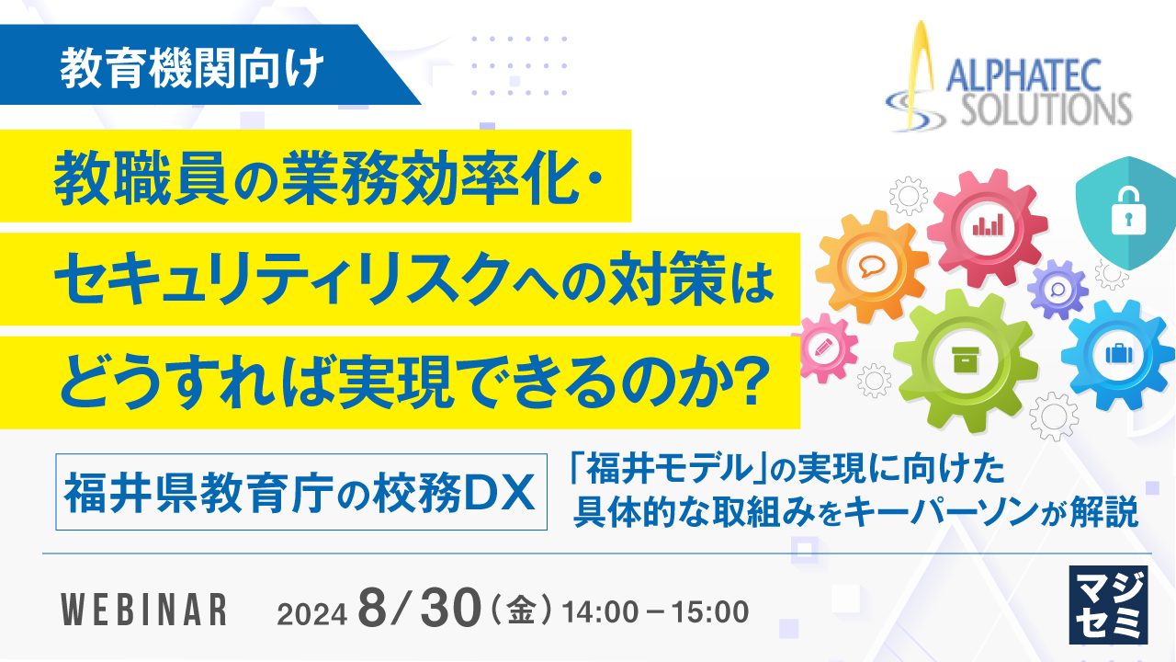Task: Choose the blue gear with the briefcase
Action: [x=1118, y=353]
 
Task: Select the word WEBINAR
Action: [x=143, y=611]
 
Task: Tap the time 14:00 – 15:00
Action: [x=656, y=610]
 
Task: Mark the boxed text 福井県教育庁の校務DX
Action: [x=300, y=496]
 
